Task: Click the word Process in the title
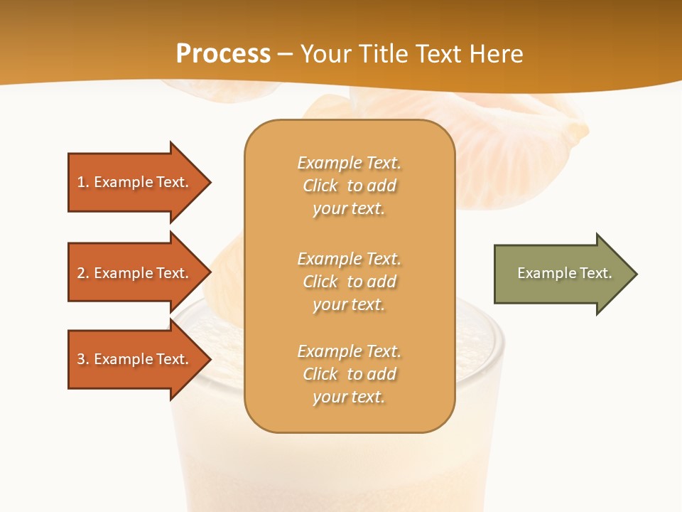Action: click(x=223, y=54)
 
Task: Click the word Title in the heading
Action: click(x=382, y=54)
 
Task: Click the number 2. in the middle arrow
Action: click(x=82, y=273)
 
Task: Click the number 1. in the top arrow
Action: click(x=82, y=182)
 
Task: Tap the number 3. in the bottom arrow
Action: click(x=82, y=359)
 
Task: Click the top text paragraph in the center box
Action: click(x=349, y=186)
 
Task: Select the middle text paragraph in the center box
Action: click(x=349, y=282)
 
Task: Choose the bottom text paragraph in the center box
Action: click(x=349, y=374)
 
